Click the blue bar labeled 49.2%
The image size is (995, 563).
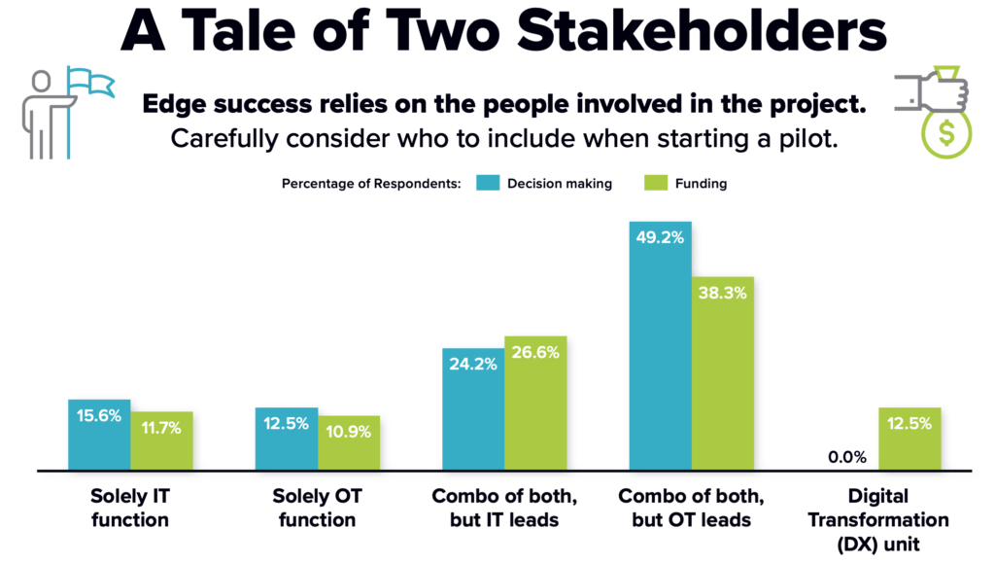click(661, 360)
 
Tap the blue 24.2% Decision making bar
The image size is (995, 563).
click(473, 408)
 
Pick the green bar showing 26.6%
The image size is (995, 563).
click(535, 404)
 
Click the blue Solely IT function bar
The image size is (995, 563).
click(99, 436)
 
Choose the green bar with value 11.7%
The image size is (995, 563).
click(161, 442)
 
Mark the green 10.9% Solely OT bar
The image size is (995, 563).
click(349, 444)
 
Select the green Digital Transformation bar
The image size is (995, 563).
click(909, 440)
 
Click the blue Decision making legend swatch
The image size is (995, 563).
click(486, 183)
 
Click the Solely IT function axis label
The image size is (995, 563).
click(130, 507)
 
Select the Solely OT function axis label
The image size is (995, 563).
click(318, 507)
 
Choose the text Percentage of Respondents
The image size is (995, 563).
click(370, 184)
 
